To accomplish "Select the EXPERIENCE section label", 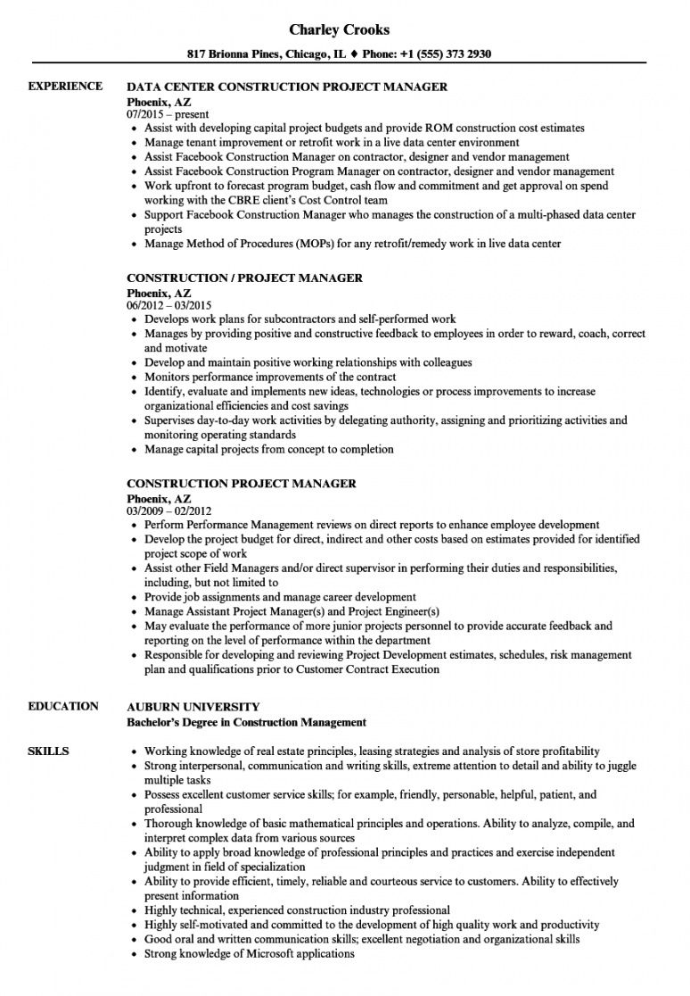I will click(x=65, y=87).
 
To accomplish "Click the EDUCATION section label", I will click(x=63, y=706).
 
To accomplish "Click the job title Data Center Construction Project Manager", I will click(x=287, y=87).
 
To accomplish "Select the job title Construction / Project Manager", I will click(x=244, y=278).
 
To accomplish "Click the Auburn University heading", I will click(x=193, y=707).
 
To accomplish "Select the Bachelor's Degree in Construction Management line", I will click(x=247, y=721).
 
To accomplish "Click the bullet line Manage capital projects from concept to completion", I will click(x=268, y=449).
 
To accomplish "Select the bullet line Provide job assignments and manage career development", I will click(x=280, y=597).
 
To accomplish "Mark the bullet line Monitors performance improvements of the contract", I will click(x=270, y=377).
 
